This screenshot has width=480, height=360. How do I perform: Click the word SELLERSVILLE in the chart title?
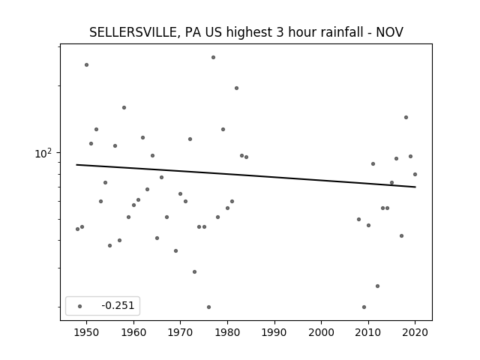click(133, 32)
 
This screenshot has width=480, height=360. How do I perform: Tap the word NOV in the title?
click(389, 32)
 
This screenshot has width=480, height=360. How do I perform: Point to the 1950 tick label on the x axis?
click(87, 332)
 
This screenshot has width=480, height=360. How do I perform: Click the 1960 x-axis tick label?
click(133, 332)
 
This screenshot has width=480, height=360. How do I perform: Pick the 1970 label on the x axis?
click(180, 332)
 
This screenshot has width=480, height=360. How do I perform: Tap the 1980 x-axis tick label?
click(227, 332)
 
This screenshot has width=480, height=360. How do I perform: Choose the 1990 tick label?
click(274, 332)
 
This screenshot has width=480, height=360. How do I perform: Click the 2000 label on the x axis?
click(322, 332)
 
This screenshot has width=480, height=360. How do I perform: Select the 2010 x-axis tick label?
click(368, 332)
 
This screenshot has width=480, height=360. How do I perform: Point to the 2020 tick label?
click(415, 332)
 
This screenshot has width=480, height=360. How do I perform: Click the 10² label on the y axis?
click(44, 153)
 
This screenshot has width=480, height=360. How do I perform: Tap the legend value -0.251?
click(118, 305)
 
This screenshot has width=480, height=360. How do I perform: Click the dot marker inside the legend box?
click(79, 306)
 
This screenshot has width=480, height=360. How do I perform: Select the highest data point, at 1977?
click(213, 57)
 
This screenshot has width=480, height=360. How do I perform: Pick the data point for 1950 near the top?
click(87, 65)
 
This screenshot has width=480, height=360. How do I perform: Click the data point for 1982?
click(237, 88)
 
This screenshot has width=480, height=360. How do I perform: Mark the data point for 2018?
click(406, 117)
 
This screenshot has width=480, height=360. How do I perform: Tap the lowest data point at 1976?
click(208, 307)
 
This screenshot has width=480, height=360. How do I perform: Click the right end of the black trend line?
click(415, 187)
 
